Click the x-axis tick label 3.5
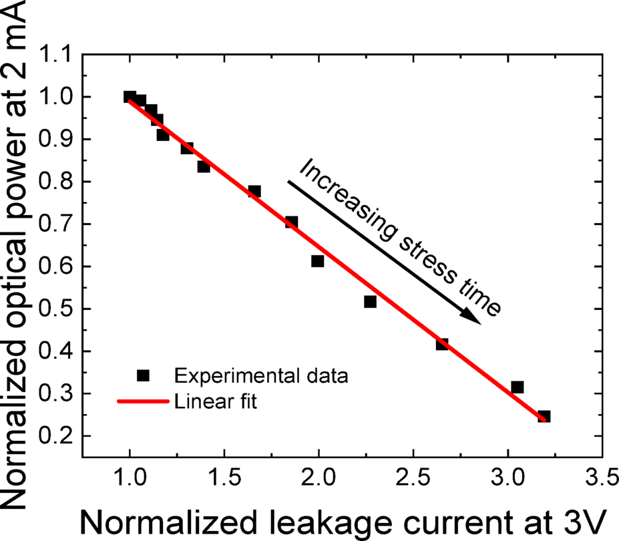point(602,478)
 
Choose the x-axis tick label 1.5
point(224,478)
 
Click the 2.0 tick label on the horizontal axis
point(319,478)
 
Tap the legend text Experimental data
point(261,377)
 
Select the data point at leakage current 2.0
point(318,261)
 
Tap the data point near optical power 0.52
point(370,302)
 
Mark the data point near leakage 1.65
point(254,192)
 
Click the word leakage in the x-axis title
point(302,520)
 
